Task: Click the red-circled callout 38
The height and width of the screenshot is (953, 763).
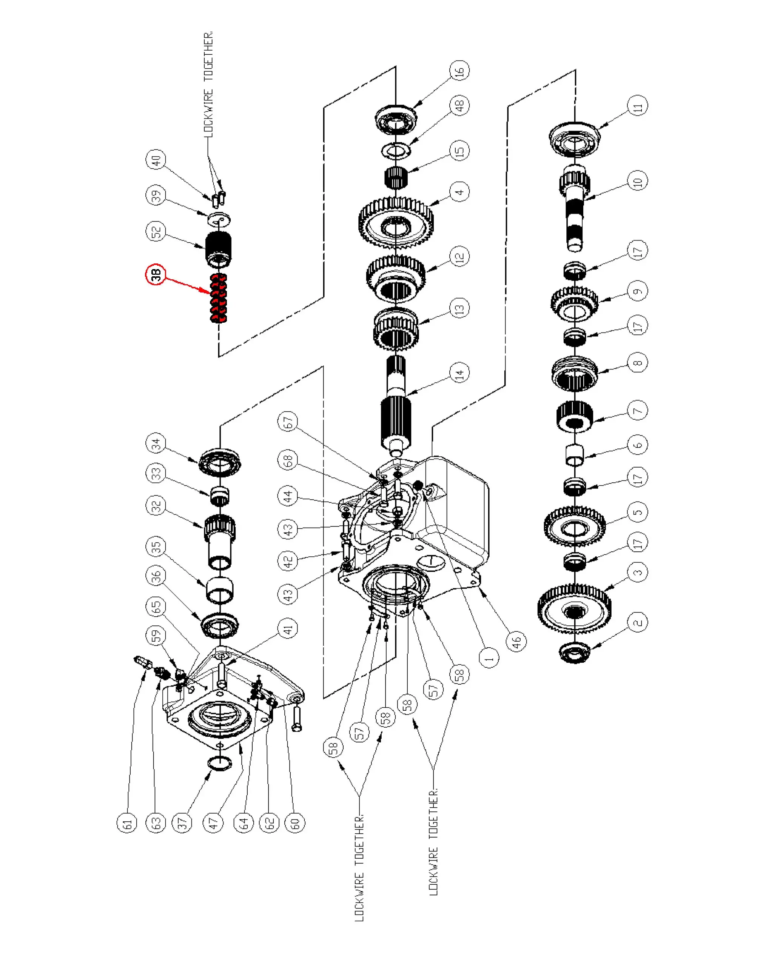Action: click(156, 275)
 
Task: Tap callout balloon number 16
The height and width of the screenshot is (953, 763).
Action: click(459, 71)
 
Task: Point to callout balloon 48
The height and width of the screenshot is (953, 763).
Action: click(459, 106)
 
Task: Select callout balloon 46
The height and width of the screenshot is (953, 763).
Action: click(516, 641)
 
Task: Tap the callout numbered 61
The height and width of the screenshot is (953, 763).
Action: click(127, 823)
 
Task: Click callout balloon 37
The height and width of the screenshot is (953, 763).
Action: click(182, 823)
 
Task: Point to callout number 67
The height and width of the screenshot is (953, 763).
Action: click(288, 422)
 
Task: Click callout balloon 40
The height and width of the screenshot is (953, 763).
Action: click(156, 160)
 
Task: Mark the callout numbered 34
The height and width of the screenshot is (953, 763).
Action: click(156, 443)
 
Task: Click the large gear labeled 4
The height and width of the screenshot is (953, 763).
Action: click(396, 223)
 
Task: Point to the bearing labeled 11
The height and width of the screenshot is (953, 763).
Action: click(575, 139)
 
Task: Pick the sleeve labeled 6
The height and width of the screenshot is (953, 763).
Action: click(575, 455)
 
